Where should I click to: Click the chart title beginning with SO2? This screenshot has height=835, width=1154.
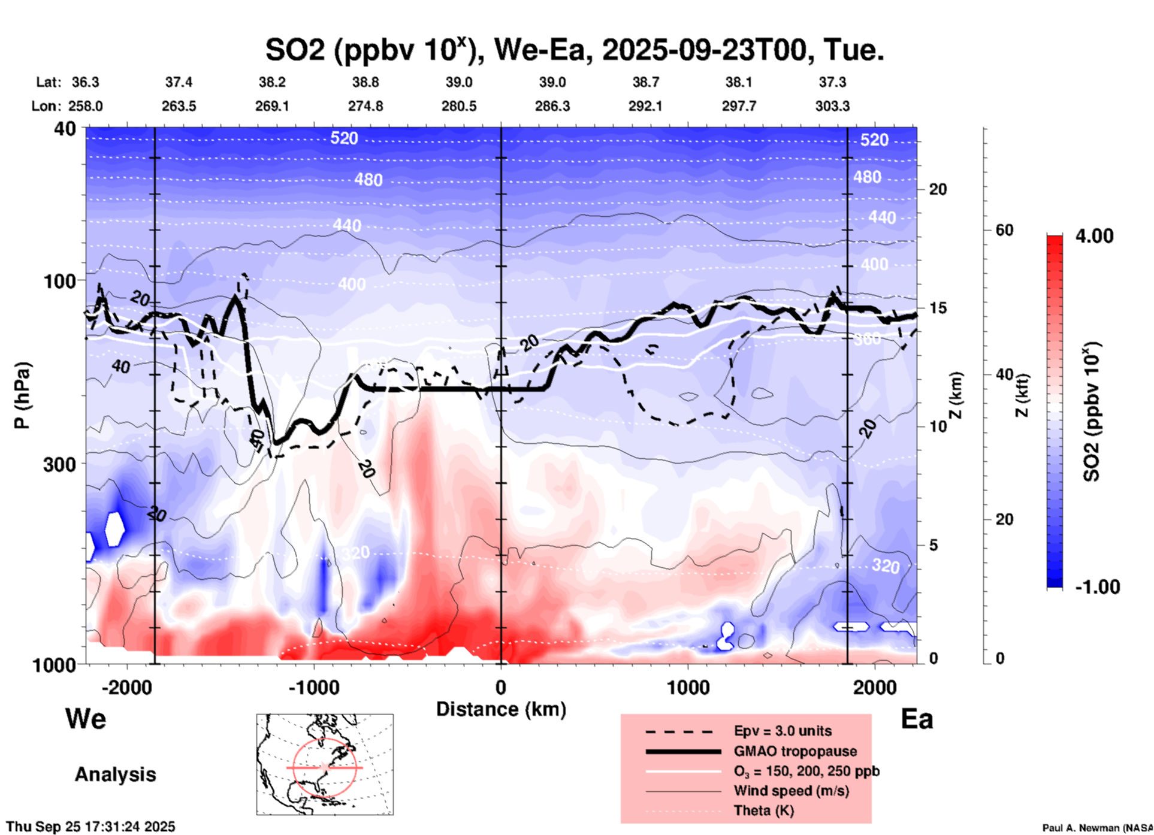574,50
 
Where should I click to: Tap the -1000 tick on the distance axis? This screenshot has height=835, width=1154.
313,687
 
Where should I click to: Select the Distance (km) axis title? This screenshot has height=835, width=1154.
501,709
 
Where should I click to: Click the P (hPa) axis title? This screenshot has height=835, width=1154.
22,395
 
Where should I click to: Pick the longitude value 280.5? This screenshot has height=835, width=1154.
459,106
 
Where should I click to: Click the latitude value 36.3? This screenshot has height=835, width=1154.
85,82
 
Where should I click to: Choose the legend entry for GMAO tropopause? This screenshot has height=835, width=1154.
795,751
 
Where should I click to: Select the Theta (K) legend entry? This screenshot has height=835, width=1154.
763,810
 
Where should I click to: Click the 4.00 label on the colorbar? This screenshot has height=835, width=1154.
1094,236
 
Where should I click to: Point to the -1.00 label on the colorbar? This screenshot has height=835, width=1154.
1097,587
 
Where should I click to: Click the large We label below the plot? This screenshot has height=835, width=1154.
86,718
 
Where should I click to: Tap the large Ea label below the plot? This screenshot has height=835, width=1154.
917,719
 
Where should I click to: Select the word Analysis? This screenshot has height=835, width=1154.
115,775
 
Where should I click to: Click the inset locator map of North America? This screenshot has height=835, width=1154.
325,764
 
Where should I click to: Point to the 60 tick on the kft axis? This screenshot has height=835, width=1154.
1004,230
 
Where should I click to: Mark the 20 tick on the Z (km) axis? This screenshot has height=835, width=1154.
938,190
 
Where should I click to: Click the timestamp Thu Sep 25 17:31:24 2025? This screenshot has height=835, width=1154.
90,827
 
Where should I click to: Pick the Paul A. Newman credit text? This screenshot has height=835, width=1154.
1097,828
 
